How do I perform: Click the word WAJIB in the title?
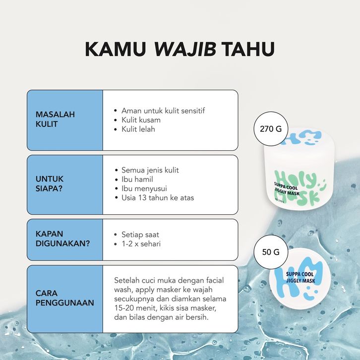(x=185, y=49)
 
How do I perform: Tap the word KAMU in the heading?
(x=116, y=49)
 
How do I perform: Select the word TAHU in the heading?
(x=248, y=49)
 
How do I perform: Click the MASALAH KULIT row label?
(x=55, y=119)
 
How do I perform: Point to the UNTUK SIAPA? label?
(x=50, y=183)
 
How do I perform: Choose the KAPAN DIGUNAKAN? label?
(x=62, y=239)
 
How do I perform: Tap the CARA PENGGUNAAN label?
(x=65, y=298)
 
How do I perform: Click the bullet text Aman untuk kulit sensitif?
(x=163, y=111)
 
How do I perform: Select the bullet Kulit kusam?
(x=141, y=120)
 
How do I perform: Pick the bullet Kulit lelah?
(x=138, y=129)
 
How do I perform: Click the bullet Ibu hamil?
(x=137, y=180)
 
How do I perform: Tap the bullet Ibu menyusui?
(x=144, y=188)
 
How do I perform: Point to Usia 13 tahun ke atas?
(x=158, y=198)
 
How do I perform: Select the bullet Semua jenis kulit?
(x=150, y=170)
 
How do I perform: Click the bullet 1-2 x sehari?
(x=141, y=243)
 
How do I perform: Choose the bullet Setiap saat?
(x=140, y=235)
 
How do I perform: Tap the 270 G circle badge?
(x=271, y=129)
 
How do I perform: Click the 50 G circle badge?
(x=271, y=252)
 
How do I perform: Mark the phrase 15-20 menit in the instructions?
(x=135, y=308)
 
